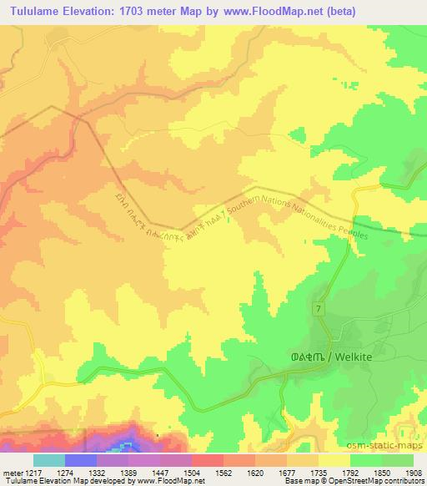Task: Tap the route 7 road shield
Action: [x=319, y=309]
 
